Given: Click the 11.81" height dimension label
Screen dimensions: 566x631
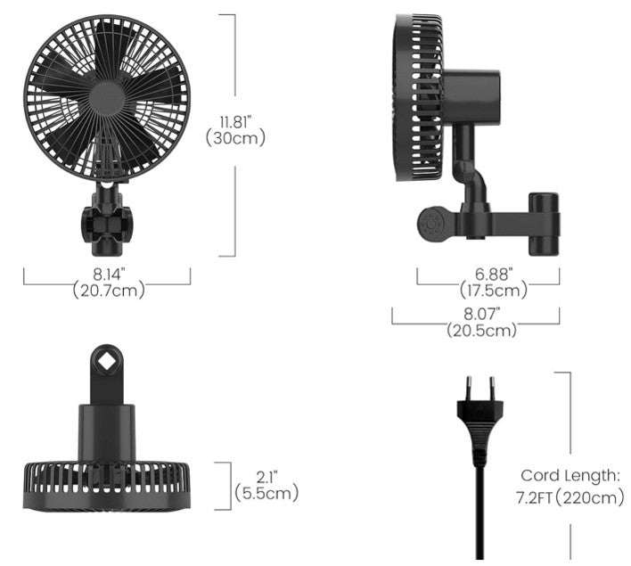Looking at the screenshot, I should pos(236,120).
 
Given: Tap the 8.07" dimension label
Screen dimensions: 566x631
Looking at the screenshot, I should pos(480,314).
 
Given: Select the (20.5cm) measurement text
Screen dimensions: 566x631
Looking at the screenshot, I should pos(480,330).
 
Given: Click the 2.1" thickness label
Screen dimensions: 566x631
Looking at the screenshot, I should pos(266,475).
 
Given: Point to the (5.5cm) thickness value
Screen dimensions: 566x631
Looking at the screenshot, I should pos(266,492).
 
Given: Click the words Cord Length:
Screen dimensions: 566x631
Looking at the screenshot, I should pos(570,475).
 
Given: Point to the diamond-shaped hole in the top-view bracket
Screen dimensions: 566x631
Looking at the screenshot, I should pos(106,361).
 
